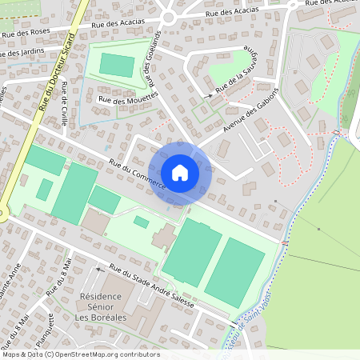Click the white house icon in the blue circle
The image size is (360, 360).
[x=180, y=172]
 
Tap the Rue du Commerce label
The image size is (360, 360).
[x=137, y=174]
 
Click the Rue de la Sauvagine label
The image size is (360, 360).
[x=234, y=71]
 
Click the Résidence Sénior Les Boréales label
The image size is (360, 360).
[x=111, y=303]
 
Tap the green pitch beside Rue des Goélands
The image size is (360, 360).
[x=117, y=65]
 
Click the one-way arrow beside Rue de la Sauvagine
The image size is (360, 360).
[x=210, y=95]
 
